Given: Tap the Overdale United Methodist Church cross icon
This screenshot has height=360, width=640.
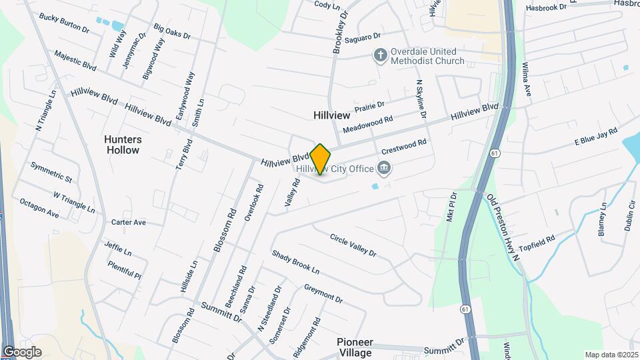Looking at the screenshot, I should pos(380,55).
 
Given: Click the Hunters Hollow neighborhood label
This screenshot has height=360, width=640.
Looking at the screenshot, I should pos(123,145).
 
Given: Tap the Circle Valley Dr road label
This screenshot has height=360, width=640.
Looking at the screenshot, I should pos(353,245).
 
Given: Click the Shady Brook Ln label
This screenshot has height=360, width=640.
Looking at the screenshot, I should pos(295,262).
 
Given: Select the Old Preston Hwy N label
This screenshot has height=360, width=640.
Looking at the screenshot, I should pos(508,227).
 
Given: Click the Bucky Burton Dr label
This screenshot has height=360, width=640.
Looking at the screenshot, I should pos(64,23).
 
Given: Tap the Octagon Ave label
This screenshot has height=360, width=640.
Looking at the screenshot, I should pos(39,208).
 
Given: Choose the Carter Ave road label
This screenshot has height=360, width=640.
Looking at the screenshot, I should pos(129,222).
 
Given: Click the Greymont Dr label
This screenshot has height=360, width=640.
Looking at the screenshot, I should pos(323,293).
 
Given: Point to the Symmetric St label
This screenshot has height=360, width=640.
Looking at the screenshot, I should pos(51,172).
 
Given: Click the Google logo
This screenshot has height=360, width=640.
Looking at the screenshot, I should pos(22,351).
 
